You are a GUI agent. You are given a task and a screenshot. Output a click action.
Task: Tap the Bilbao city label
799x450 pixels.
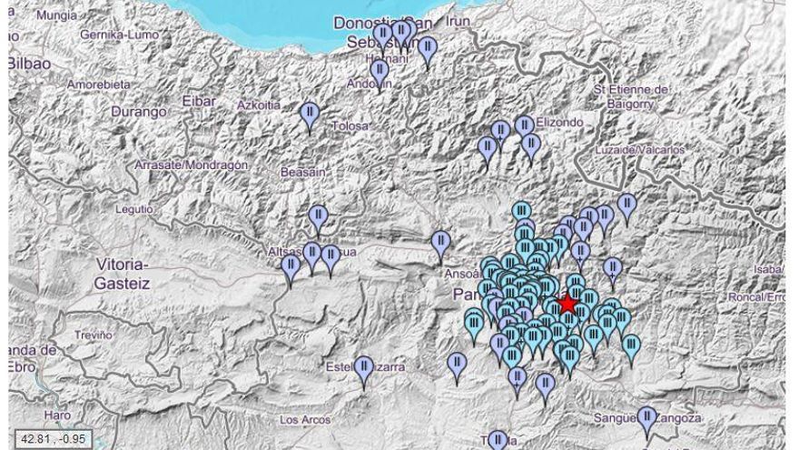[x=28, y=64]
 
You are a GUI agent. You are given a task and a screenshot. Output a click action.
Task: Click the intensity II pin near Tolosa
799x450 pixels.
[x=310, y=114]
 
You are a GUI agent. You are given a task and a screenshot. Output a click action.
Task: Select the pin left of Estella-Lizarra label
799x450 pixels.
[x=364, y=369]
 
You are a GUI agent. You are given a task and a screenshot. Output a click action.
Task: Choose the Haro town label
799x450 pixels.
[x=56, y=415]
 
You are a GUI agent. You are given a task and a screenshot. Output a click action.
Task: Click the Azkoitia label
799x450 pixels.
[x=259, y=105]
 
